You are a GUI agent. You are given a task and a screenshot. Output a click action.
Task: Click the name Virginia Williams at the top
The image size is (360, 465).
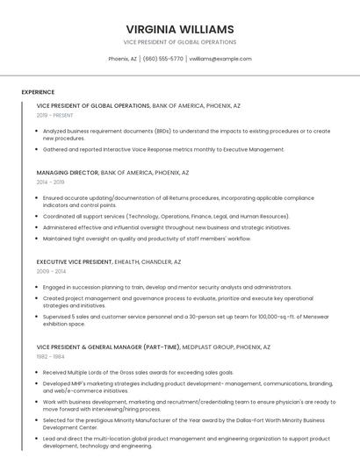180,29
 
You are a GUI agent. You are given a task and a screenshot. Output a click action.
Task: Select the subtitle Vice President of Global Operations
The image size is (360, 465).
180,42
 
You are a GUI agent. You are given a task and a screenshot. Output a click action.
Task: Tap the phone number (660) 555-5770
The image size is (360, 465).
162,59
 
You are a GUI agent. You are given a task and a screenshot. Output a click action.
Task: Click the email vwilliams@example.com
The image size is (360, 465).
220,59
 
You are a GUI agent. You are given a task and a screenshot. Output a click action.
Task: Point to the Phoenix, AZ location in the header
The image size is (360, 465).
122,59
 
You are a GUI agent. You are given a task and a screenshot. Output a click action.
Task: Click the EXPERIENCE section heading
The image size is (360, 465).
38,92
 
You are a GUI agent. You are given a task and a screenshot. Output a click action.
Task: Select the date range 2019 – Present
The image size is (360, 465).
55,116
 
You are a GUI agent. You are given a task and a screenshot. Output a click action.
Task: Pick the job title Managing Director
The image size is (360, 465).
68,173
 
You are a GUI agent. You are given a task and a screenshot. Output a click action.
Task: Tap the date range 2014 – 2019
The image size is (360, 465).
51,182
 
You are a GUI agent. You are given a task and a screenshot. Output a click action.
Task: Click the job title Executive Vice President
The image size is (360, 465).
75,261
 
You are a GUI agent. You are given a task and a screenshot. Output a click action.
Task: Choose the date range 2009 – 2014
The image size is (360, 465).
51,271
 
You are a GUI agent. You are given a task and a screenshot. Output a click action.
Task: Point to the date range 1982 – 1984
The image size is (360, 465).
51,356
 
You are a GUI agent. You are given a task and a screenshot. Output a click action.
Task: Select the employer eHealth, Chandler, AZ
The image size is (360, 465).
148,261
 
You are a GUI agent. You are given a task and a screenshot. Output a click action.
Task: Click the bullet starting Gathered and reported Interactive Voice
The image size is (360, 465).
164,149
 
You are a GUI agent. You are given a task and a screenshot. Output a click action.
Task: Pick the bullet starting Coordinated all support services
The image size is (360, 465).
166,216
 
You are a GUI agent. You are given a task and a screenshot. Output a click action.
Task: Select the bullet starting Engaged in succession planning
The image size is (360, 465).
167,287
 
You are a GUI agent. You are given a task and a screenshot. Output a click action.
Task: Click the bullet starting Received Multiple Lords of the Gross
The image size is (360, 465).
138,372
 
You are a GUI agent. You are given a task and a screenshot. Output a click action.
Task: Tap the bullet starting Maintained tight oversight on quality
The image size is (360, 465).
147,238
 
